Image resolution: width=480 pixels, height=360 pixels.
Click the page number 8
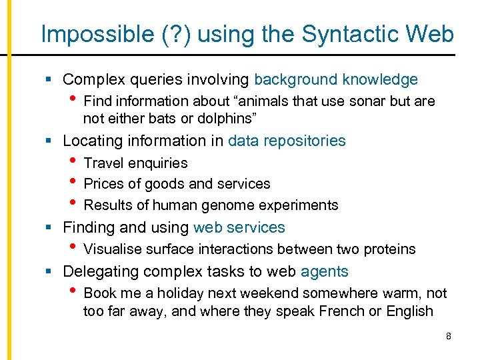point(449,336)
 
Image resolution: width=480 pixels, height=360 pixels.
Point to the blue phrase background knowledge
point(336,80)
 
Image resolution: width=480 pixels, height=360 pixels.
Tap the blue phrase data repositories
point(287,141)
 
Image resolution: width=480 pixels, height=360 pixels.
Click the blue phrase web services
point(239,227)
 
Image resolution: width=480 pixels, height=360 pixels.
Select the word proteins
point(389,249)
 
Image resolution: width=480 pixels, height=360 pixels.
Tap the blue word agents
point(325,271)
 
